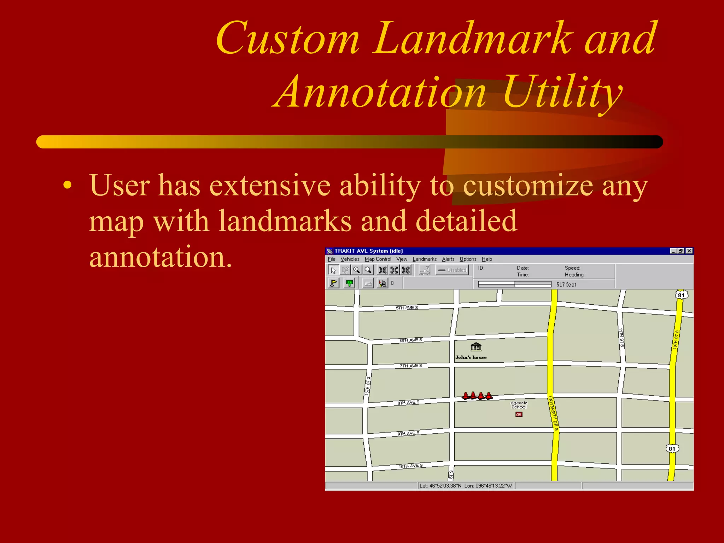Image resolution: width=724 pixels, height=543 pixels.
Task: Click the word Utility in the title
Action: click(x=562, y=93)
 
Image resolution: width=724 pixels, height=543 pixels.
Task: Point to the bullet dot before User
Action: click(x=68, y=185)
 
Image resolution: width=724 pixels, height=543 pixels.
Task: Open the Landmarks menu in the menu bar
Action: click(x=424, y=259)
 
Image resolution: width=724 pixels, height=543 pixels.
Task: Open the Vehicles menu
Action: click(x=350, y=259)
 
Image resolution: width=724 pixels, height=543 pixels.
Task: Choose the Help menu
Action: click(x=487, y=259)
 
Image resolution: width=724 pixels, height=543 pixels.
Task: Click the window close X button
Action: click(x=689, y=251)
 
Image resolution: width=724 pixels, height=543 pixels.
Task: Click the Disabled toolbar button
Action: click(x=452, y=270)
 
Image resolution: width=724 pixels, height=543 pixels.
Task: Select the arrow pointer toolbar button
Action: click(x=333, y=270)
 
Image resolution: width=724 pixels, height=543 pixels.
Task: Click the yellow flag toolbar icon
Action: click(x=333, y=283)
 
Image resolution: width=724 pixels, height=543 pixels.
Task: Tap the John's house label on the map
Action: click(x=471, y=357)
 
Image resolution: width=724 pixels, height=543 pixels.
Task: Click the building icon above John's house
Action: click(x=476, y=347)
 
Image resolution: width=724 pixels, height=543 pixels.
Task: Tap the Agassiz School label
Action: click(x=519, y=405)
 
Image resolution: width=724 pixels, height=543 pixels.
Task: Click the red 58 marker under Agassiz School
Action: click(x=519, y=415)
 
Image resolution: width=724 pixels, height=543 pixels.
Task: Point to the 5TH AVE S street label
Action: click(x=407, y=308)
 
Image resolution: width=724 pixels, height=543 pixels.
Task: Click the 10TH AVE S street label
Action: click(x=410, y=466)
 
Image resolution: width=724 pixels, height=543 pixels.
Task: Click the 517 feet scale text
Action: click(x=566, y=285)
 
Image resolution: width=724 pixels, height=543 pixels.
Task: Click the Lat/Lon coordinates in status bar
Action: click(x=465, y=486)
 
